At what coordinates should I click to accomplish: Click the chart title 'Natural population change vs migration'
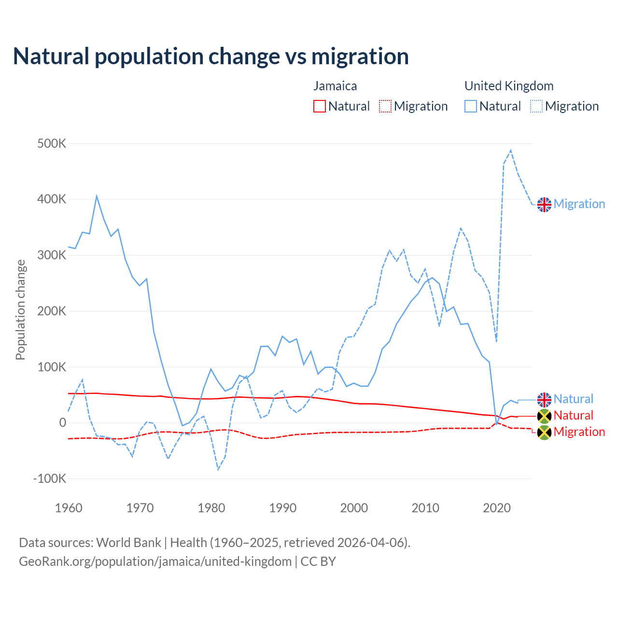click(x=211, y=56)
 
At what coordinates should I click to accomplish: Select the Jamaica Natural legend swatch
click(x=320, y=106)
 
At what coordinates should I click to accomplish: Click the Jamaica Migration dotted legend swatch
click(x=385, y=106)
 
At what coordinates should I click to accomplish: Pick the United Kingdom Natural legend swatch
click(x=471, y=106)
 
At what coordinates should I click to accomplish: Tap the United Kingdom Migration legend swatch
click(x=536, y=106)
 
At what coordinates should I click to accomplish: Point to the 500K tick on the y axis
click(x=52, y=144)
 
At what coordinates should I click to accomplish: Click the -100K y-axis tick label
click(x=50, y=479)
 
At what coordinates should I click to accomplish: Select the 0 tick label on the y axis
click(x=62, y=423)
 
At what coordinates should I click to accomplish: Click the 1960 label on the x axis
click(x=69, y=508)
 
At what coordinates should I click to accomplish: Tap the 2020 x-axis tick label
click(x=497, y=508)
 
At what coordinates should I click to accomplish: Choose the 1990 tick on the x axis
click(x=282, y=508)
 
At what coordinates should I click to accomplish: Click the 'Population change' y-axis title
click(x=20, y=309)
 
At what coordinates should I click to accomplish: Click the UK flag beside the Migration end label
click(x=544, y=204)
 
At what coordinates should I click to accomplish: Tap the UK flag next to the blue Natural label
click(x=544, y=399)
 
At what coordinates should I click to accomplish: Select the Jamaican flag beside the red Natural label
click(x=544, y=416)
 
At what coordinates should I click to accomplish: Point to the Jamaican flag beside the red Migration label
click(x=544, y=432)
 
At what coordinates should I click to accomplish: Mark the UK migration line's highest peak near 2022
click(x=511, y=151)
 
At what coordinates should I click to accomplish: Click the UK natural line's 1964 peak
click(x=97, y=196)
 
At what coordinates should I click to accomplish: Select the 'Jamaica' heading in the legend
click(x=335, y=86)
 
